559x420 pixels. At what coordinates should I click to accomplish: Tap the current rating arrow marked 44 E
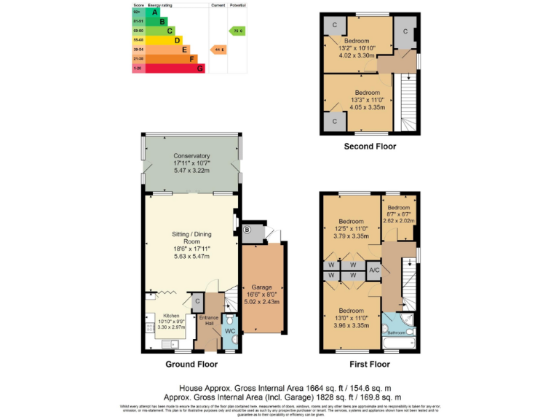218,49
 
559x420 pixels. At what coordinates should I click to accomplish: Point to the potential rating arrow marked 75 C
237,31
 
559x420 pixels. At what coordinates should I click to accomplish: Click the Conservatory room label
191,156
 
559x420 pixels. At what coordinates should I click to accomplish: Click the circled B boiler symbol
246,230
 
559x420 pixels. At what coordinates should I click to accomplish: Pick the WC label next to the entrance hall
230,332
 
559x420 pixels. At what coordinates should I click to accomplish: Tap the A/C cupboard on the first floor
374,270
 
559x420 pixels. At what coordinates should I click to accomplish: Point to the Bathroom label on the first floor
397,333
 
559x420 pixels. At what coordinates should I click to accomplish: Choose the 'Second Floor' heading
370,147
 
